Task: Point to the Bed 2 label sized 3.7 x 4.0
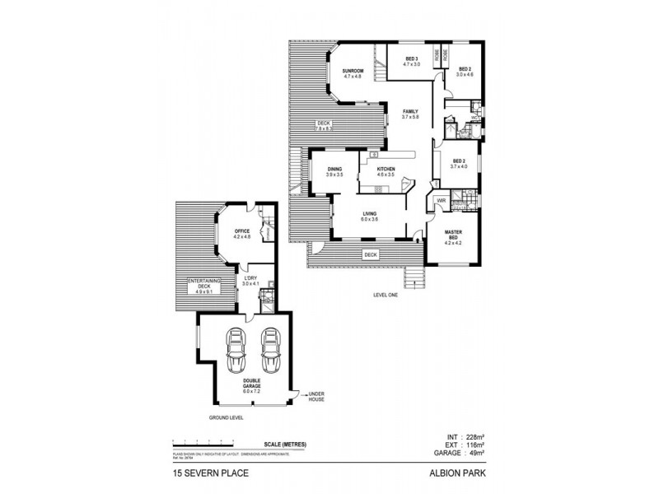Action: (459, 164)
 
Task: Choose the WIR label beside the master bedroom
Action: (441, 200)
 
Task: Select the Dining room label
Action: (334, 171)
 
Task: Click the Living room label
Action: (370, 217)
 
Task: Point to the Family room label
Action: (410, 114)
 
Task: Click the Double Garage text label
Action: (252, 384)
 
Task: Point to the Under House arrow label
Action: (317, 396)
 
